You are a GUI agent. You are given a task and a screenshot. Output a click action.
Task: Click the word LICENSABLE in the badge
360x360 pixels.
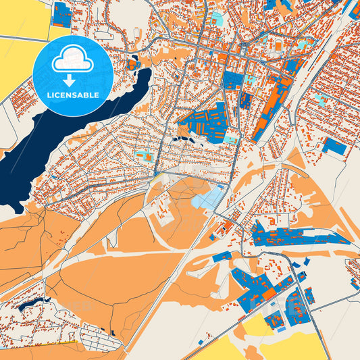point(72,95)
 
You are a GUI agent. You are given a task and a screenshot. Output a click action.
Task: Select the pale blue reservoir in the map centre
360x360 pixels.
point(208,198)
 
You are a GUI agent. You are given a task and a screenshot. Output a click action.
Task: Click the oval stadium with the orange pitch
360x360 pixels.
point(278,46)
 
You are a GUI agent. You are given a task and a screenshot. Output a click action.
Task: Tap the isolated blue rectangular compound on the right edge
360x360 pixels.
point(333,146)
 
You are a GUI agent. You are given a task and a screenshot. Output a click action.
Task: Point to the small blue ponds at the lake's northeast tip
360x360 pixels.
point(130,65)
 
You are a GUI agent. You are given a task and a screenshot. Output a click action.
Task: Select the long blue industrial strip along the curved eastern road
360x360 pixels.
point(297,236)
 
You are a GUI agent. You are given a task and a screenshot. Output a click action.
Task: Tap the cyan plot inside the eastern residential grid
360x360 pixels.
point(322,99)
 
